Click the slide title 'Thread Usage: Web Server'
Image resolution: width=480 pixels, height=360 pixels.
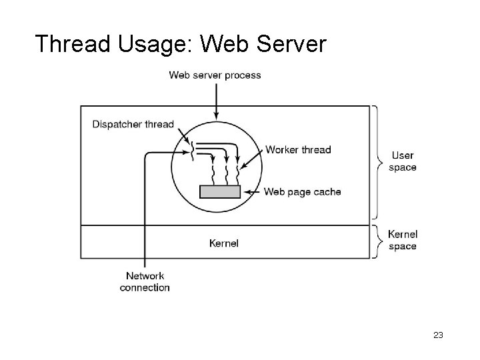[180, 44]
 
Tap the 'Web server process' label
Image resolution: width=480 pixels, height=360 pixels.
[215, 75]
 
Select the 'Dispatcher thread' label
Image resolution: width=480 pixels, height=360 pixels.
[133, 124]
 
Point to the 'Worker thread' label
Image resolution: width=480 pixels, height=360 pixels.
[298, 149]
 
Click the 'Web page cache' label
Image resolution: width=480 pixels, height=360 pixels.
[302, 192]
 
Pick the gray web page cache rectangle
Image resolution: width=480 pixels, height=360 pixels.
[220, 192]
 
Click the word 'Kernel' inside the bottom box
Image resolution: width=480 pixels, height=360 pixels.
[224, 243]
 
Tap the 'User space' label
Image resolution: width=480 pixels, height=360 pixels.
[403, 161]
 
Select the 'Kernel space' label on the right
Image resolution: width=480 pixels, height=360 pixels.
[403, 240]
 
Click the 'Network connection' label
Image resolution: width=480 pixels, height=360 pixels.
[145, 282]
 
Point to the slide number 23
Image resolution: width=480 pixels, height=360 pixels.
[438, 335]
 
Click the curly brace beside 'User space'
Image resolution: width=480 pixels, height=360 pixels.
[379, 162]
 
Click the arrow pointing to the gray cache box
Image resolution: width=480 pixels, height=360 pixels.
[253, 192]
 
